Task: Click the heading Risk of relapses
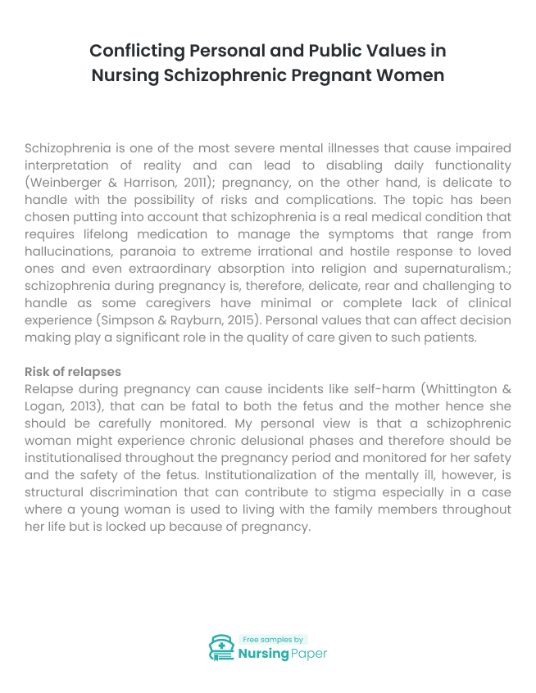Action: tap(73, 372)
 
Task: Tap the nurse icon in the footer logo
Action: tap(221, 647)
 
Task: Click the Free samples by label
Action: tap(272, 639)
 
